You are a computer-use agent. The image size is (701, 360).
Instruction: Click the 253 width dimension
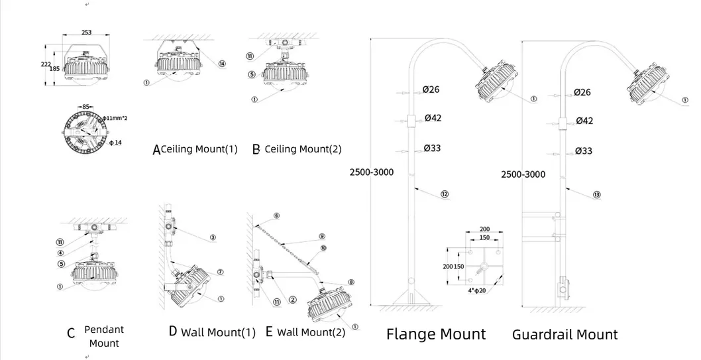click(x=86, y=32)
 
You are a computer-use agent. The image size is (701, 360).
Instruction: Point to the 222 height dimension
click(x=46, y=64)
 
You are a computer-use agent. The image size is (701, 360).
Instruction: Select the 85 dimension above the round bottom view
click(x=86, y=106)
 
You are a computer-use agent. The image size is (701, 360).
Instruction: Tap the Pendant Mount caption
click(x=104, y=336)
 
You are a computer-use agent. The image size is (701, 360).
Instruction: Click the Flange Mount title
click(x=436, y=334)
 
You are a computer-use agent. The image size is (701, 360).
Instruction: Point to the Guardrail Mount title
click(x=565, y=335)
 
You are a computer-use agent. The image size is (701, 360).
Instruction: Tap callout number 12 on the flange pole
click(x=444, y=194)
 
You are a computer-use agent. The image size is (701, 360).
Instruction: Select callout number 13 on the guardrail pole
click(x=597, y=195)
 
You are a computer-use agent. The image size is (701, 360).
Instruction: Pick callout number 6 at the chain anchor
click(x=276, y=216)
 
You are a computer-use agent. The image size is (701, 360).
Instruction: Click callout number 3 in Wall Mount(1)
click(x=213, y=237)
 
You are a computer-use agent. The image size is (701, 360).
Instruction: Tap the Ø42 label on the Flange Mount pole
click(x=431, y=119)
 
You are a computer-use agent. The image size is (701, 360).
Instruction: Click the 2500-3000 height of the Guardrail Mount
click(x=523, y=174)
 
